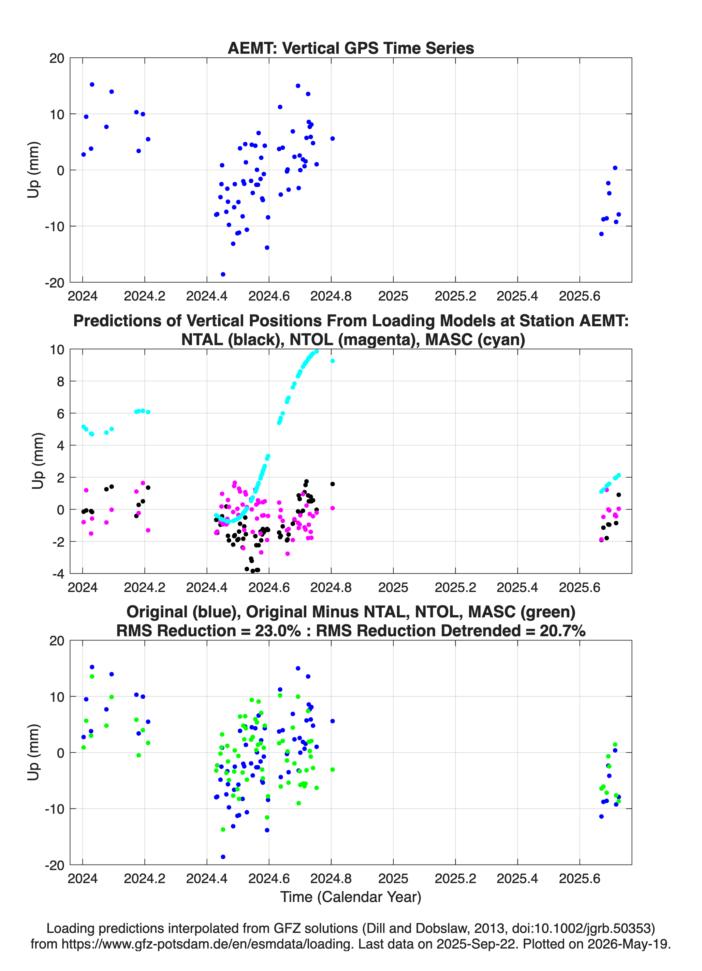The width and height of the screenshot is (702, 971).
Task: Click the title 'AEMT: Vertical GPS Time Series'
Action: coord(351,48)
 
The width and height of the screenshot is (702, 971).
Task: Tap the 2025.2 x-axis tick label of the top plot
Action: coord(455,296)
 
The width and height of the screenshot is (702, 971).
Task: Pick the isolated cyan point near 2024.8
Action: coord(332,361)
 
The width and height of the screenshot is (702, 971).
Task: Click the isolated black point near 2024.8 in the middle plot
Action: coord(332,484)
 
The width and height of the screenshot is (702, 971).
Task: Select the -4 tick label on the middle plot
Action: coord(58,574)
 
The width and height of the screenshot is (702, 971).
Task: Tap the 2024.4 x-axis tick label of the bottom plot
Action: coord(207,879)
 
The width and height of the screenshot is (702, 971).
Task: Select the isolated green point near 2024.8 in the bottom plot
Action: coord(332,770)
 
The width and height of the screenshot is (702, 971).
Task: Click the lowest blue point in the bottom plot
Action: coord(223,857)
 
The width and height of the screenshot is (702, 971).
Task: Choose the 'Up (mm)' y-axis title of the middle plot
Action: coord(38,461)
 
